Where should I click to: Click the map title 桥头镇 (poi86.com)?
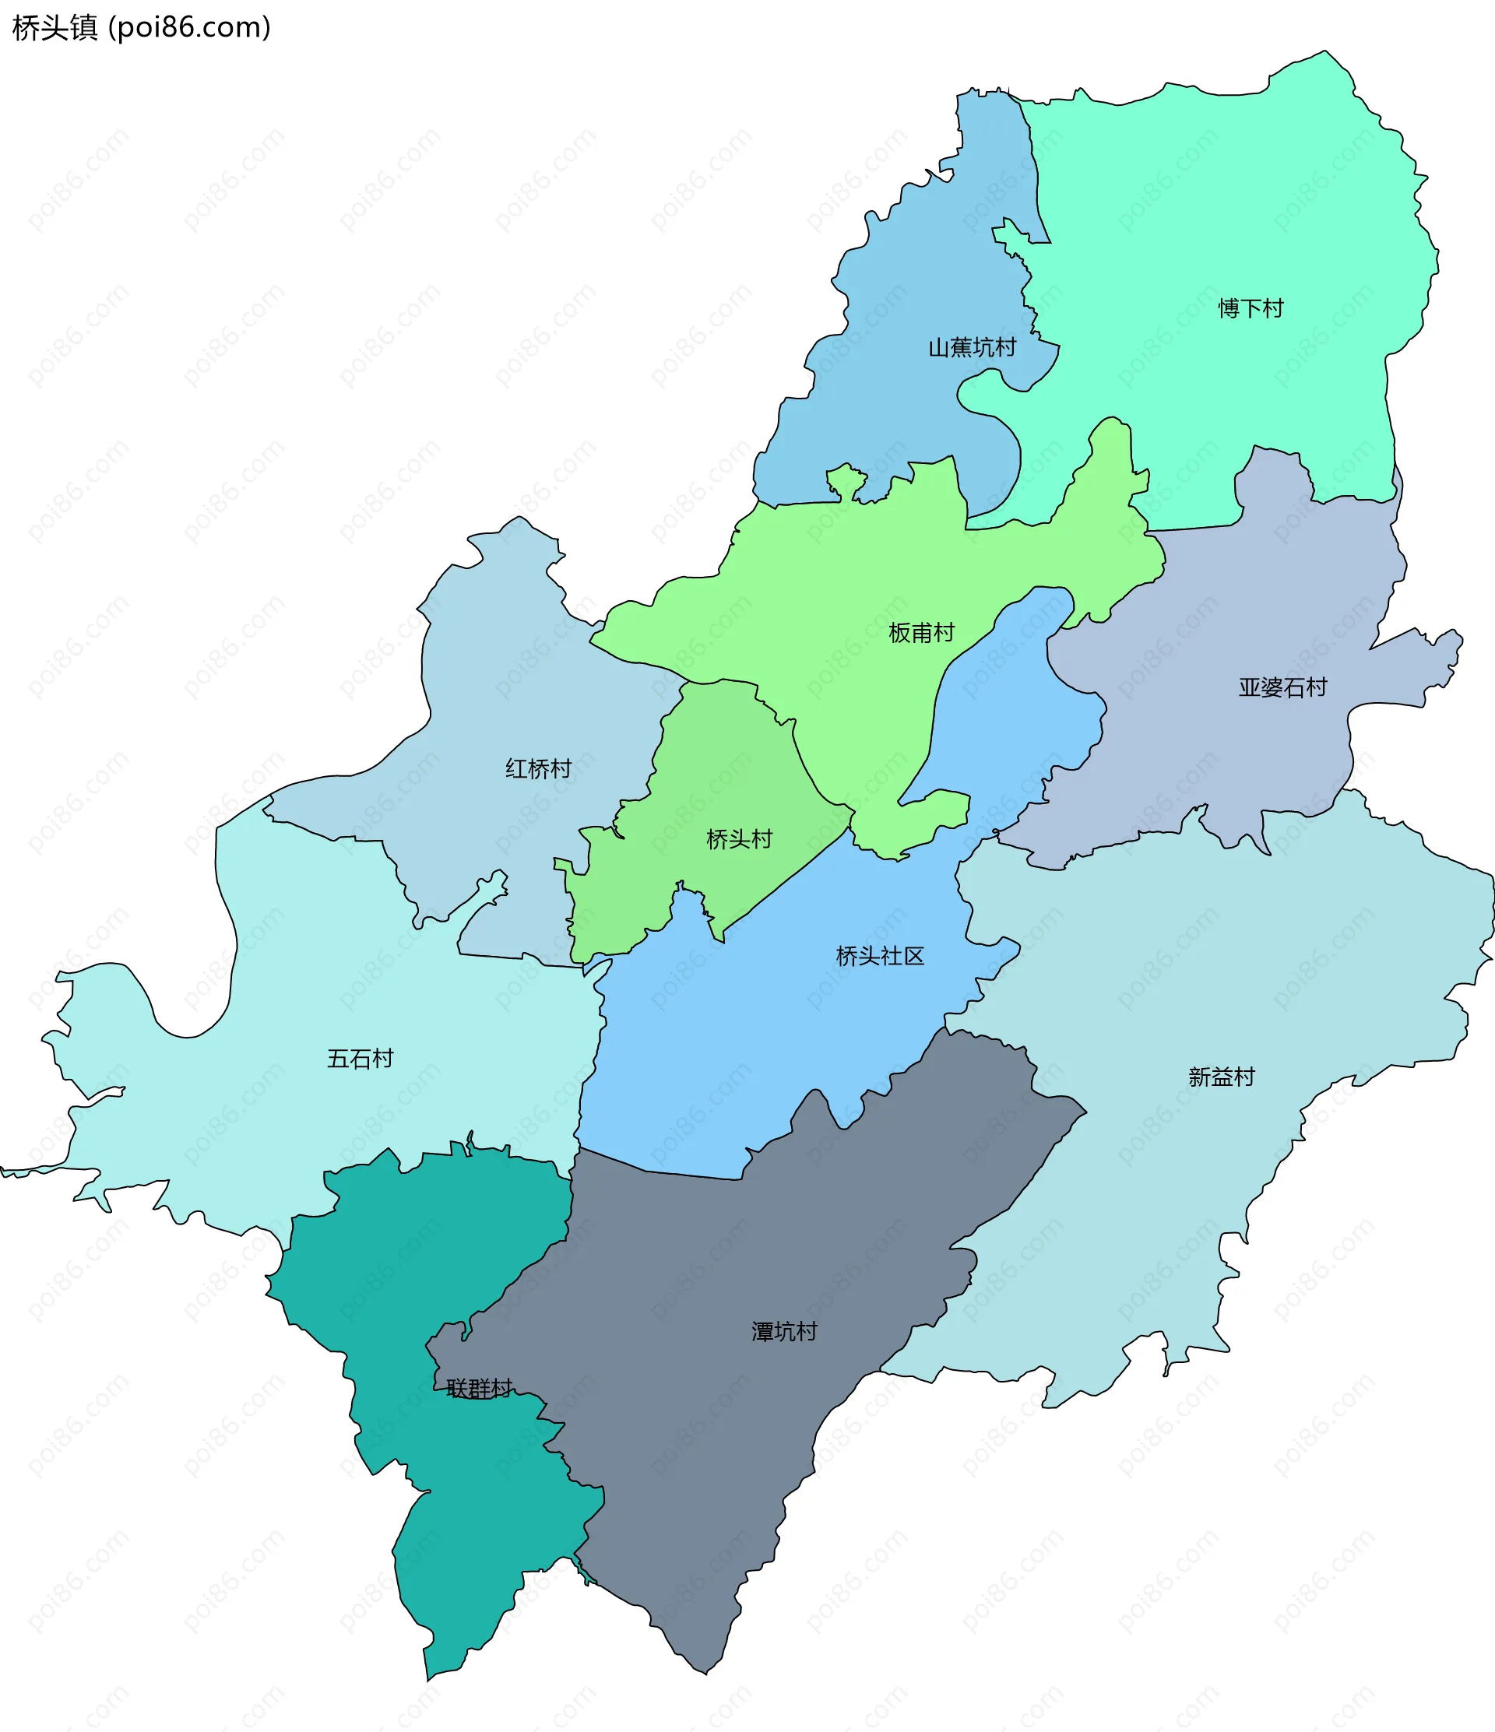coord(141,27)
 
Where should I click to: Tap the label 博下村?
coord(1250,308)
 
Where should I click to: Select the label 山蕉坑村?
coord(972,347)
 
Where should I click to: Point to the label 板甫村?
coord(921,633)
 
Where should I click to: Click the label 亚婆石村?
coord(1282,687)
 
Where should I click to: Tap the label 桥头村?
coord(739,838)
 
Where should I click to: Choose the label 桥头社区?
coord(880,955)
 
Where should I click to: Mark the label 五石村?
coord(360,1059)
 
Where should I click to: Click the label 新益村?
coord(1222,1077)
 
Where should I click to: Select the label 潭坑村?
coord(783,1332)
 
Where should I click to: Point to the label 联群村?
coord(478,1389)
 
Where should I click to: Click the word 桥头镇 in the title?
coord(55,27)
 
